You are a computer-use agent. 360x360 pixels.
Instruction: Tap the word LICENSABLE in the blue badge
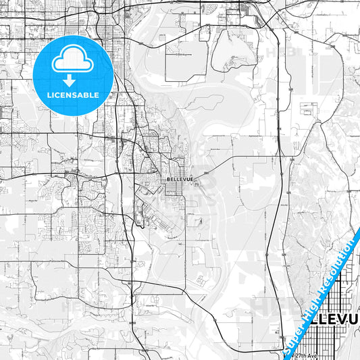(x=73, y=95)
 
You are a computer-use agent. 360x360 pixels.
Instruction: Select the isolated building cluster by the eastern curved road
(x=309, y=108)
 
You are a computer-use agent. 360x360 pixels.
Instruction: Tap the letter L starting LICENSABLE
(x=49, y=95)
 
